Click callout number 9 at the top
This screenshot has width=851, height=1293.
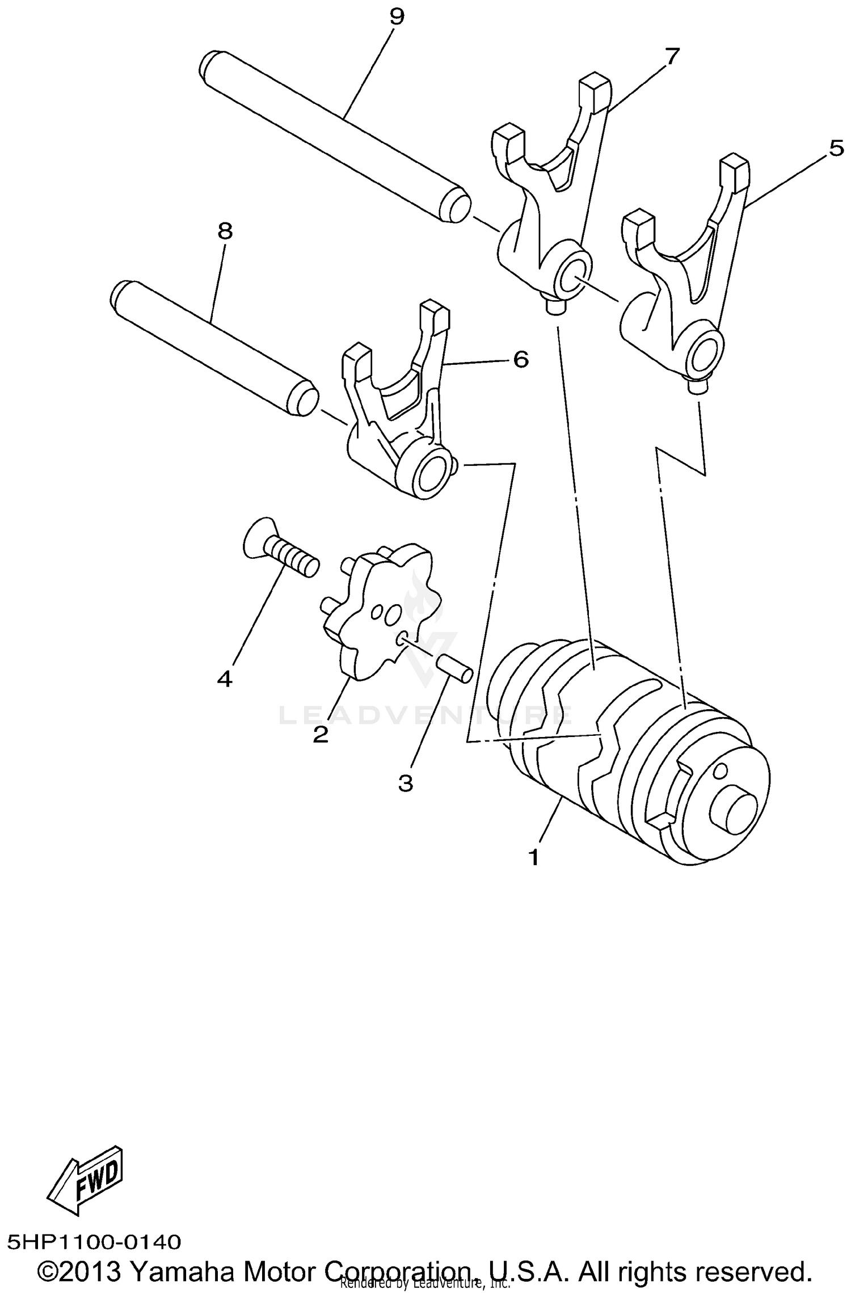(x=397, y=16)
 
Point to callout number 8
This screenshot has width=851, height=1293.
(x=225, y=231)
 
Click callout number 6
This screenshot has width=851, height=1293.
(x=520, y=359)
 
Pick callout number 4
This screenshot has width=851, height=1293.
(x=225, y=678)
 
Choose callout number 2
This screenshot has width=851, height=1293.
(x=321, y=735)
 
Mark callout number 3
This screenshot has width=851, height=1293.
(x=405, y=784)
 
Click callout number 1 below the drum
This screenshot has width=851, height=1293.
(x=533, y=857)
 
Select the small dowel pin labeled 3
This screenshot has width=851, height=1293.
(x=454, y=668)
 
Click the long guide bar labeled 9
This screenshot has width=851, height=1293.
(x=335, y=136)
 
